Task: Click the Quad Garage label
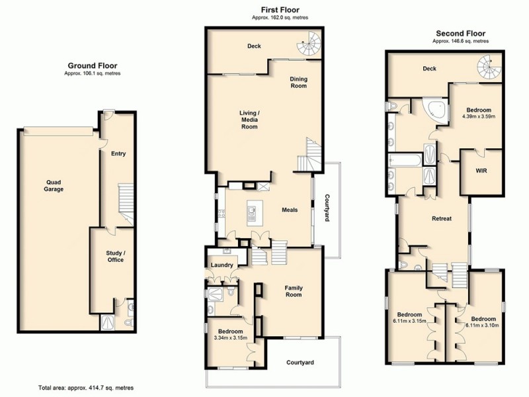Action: [54, 185]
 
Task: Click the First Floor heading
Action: [280, 10]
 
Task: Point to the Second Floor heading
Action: [460, 33]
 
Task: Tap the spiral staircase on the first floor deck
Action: [308, 46]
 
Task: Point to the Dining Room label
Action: [299, 82]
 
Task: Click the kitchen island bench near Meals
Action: [253, 212]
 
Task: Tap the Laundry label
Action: [222, 265]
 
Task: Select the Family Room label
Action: [294, 291]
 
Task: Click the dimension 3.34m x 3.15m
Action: [231, 337]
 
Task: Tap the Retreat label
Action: [441, 218]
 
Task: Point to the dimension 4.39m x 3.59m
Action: [478, 116]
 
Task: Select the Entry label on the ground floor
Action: [118, 154]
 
